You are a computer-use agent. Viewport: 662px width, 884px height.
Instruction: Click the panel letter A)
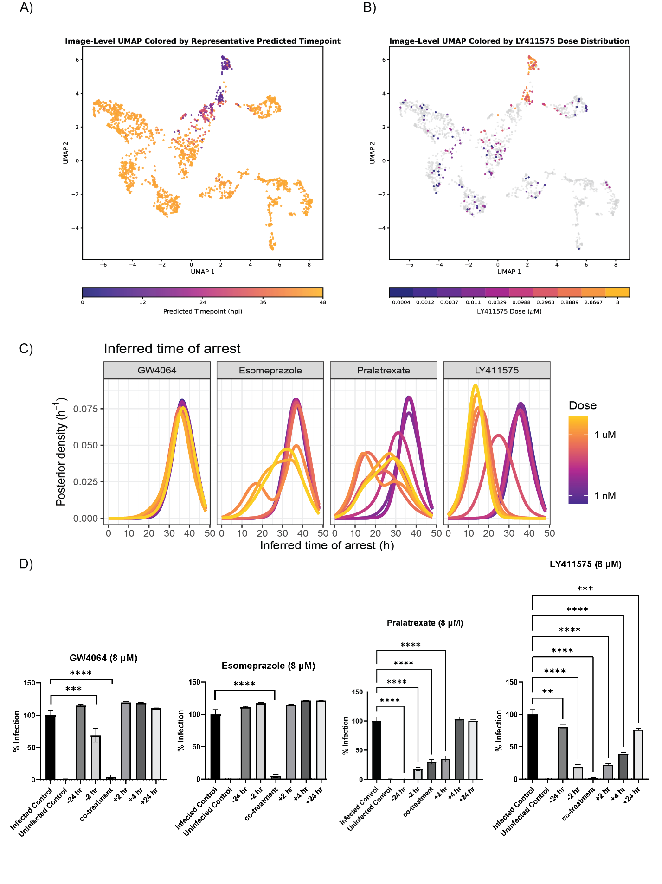click(26, 8)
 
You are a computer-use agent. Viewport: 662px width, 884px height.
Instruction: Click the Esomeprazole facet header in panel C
click(270, 370)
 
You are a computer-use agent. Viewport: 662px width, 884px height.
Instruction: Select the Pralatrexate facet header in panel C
click(383, 370)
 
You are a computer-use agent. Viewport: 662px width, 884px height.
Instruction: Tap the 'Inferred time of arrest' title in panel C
click(172, 348)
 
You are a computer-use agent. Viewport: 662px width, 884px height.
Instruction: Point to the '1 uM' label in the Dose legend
click(605, 435)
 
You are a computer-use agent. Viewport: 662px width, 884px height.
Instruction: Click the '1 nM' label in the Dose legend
click(605, 496)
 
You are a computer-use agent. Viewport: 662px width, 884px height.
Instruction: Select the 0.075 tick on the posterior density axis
click(86, 409)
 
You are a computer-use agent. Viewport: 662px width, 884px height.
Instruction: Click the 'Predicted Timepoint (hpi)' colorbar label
click(203, 311)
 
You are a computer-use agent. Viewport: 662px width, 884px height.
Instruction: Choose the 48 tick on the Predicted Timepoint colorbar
click(323, 302)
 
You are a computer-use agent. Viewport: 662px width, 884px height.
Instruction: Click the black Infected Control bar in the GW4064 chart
click(50, 747)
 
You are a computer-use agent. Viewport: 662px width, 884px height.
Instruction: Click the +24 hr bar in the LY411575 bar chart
click(638, 755)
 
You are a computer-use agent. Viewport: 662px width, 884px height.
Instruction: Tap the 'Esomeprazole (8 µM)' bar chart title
click(268, 666)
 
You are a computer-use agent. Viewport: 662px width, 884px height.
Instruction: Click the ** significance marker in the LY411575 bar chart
click(547, 692)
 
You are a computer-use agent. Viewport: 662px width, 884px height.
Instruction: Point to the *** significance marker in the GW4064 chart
click(73, 689)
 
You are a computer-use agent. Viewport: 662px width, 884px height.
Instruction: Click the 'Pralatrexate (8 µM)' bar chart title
click(425, 623)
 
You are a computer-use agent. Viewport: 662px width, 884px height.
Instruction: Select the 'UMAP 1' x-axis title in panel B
click(509, 272)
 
